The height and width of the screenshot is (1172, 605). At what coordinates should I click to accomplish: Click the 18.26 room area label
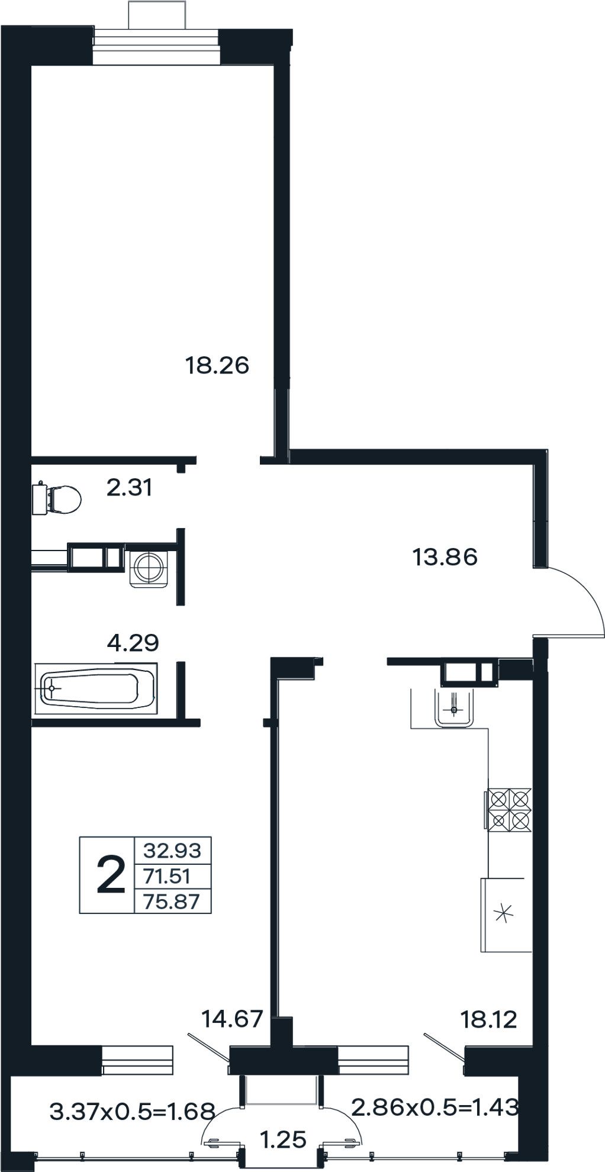pyautogui.click(x=217, y=365)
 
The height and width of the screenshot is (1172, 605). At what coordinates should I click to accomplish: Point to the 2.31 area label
pyautogui.click(x=130, y=488)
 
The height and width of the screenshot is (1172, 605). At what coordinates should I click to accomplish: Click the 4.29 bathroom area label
pyautogui.click(x=133, y=642)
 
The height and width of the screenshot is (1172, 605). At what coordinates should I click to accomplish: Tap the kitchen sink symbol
pyautogui.click(x=454, y=707)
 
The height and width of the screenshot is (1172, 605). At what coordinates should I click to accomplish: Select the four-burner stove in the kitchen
pyautogui.click(x=509, y=810)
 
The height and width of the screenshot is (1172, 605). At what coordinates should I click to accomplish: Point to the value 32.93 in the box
pyautogui.click(x=172, y=851)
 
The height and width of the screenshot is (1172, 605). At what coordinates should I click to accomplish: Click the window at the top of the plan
pyautogui.click(x=156, y=44)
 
